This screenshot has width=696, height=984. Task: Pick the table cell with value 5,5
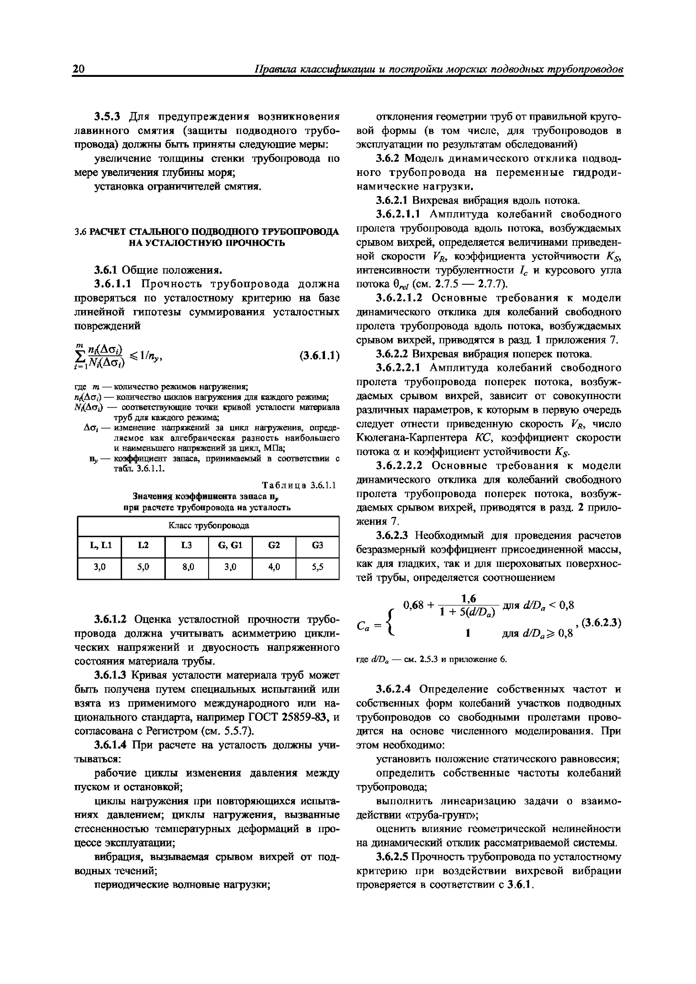[317, 567]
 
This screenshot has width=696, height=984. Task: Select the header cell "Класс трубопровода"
[209, 525]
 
